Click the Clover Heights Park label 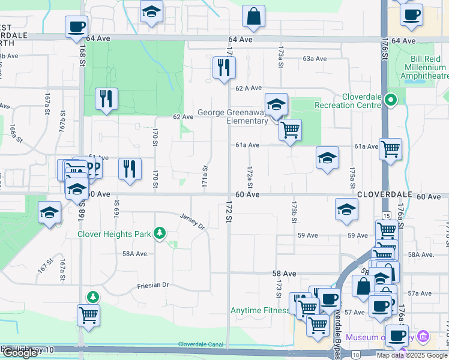pyautogui.click(x=114, y=234)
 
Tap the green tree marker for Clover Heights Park pyautogui.click(x=159, y=233)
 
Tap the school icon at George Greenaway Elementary pyautogui.click(x=276, y=104)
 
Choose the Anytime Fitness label pyautogui.click(x=260, y=310)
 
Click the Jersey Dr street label pyautogui.click(x=193, y=221)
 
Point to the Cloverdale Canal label pyautogui.click(x=200, y=344)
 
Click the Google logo pyautogui.click(x=20, y=353)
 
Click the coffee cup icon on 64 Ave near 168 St pyautogui.click(x=77, y=26)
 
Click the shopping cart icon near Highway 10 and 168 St pyautogui.click(x=88, y=314)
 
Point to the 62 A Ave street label pyautogui.click(x=249, y=88)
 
